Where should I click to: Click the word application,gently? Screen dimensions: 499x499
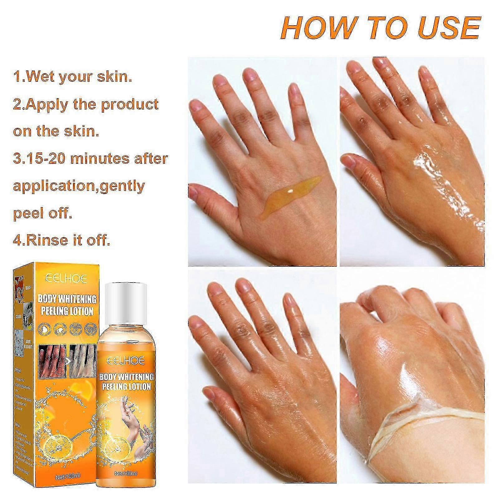point(79,186)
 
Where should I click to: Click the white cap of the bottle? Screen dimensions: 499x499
point(125,299)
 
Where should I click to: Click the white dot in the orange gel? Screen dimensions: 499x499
point(291,191)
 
